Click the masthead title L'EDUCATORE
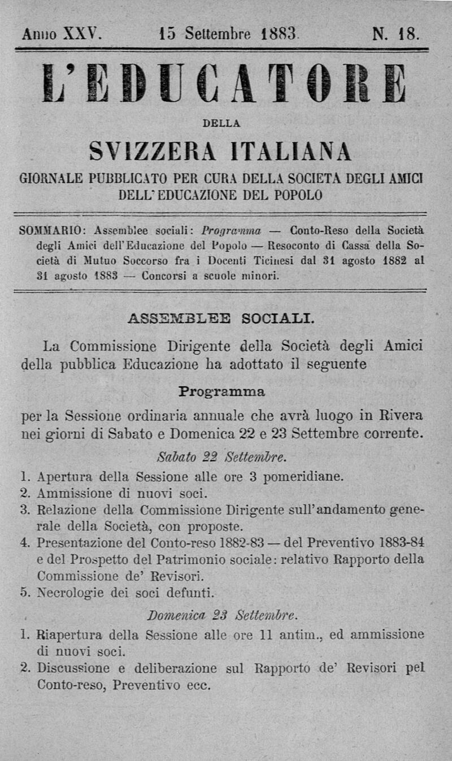coord(225,83)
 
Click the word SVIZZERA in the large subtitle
coord(154,151)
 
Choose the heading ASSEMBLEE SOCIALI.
coord(221,318)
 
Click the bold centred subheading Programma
coord(221,391)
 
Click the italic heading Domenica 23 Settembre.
coord(222,615)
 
